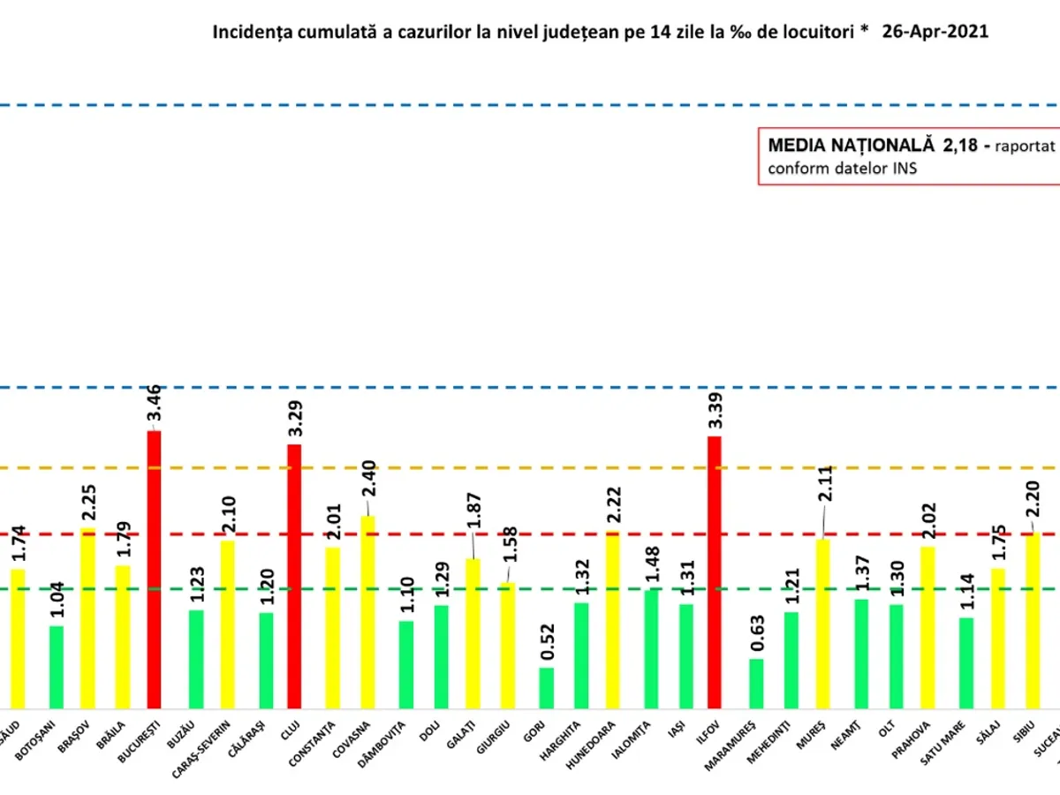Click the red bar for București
[154, 570]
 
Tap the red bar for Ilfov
[714, 572]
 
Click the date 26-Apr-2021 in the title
[935, 32]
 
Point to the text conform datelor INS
[842, 168]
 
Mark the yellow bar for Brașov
[87, 617]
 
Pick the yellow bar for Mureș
[822, 623]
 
